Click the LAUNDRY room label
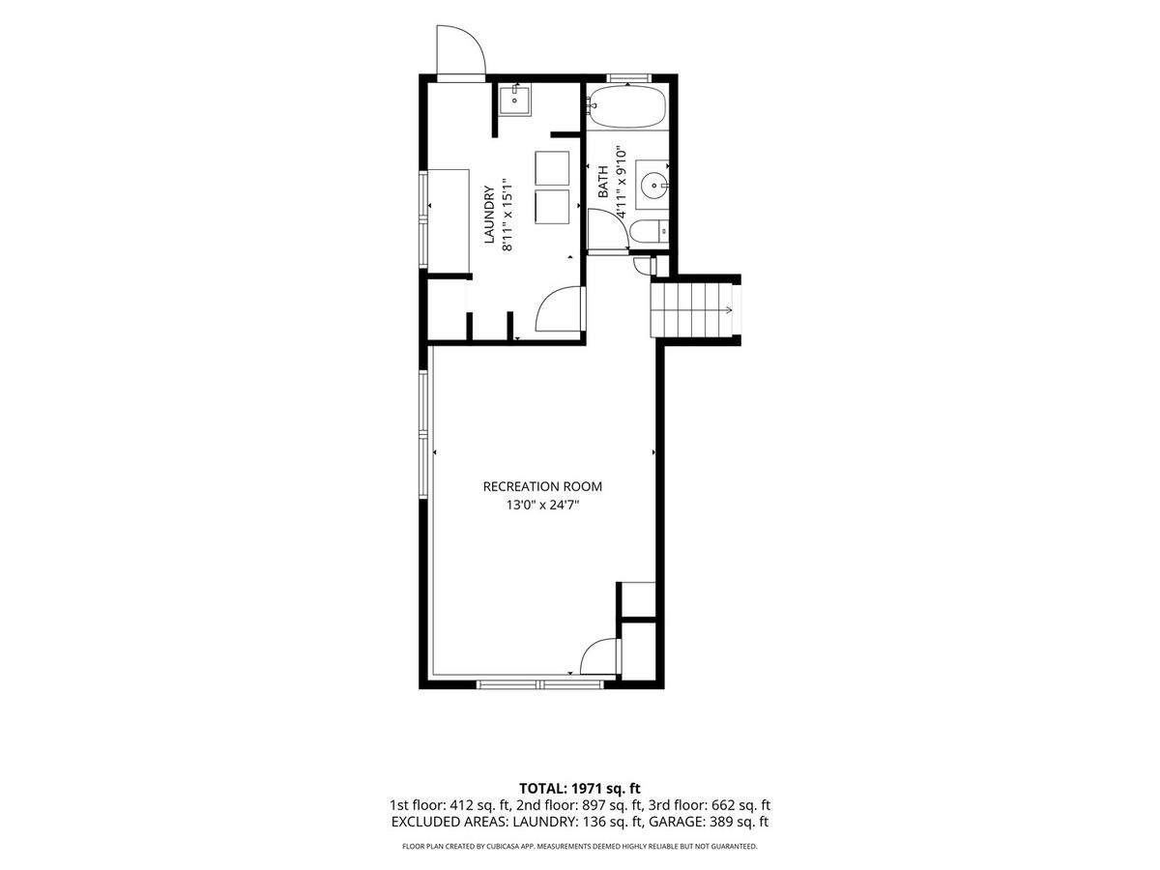click(489, 215)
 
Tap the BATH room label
click(603, 182)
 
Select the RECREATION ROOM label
click(542, 486)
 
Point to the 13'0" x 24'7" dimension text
click(542, 505)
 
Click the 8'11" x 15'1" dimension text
click(507, 214)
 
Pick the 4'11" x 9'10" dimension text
click(622, 183)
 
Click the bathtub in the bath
click(627, 106)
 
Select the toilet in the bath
click(650, 232)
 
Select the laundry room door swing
click(560, 309)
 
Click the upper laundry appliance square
click(552, 168)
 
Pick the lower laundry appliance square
click(552, 207)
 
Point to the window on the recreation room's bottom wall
click(539, 684)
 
